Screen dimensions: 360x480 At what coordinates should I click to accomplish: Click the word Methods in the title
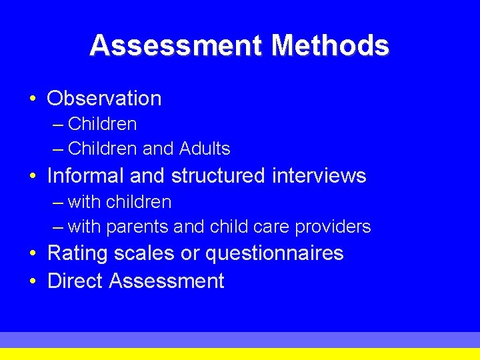click(331, 45)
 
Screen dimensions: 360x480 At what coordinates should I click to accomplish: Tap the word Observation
click(104, 99)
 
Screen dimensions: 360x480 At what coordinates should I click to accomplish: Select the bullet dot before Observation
click(33, 99)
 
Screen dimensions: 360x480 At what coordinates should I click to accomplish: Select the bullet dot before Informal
click(33, 177)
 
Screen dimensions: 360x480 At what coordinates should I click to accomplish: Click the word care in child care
click(271, 227)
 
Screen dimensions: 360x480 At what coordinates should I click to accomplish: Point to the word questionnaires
click(274, 254)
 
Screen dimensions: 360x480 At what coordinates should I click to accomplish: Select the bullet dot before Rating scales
click(33, 254)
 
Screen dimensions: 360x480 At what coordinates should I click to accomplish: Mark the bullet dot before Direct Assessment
click(33, 281)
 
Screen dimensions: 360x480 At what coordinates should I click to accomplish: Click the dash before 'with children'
click(58, 203)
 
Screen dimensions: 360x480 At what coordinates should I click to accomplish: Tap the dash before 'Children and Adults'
click(58, 149)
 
